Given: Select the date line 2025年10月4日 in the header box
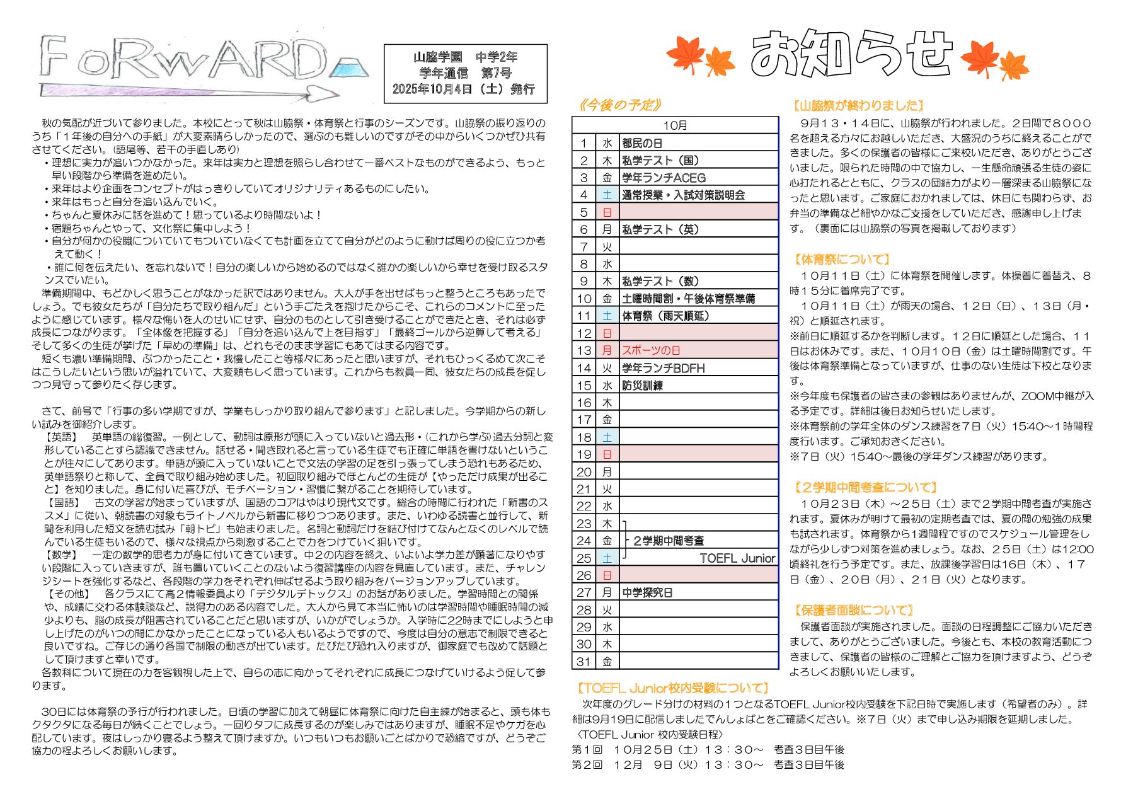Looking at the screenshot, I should tap(464, 89).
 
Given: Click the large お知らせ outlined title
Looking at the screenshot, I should tap(851, 54).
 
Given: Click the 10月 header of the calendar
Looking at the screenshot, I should tap(675, 125).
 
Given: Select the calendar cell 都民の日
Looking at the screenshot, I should tap(642, 143).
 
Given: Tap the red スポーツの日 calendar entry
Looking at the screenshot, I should tap(651, 350).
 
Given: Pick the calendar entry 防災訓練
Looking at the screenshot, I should tap(642, 385).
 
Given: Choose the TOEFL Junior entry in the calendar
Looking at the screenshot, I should tap(737, 558).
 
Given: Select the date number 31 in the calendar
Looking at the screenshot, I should tap(583, 662).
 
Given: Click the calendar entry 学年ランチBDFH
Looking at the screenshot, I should tap(663, 368).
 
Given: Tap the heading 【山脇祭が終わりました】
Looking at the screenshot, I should tap(858, 106).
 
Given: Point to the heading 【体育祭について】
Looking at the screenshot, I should tap(842, 260).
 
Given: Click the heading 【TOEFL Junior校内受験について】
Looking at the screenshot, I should tap(672, 688).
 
